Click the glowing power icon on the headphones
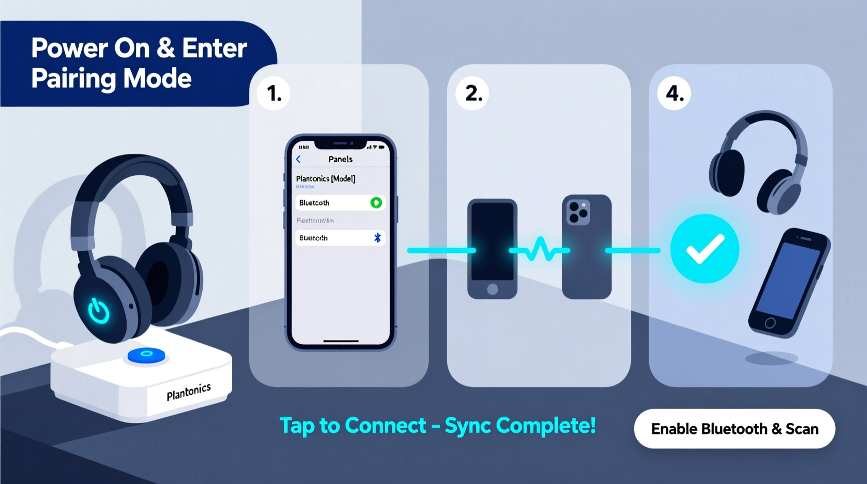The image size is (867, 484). (98, 311)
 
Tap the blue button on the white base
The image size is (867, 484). (146, 355)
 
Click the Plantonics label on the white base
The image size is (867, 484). (189, 392)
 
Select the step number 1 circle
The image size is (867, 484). (274, 93)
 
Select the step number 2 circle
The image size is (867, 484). (473, 93)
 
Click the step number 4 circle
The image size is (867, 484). (674, 93)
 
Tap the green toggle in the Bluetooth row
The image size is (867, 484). (376, 202)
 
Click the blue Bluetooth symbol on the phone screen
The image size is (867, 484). (377, 238)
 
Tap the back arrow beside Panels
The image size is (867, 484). (299, 159)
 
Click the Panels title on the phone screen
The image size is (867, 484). (340, 159)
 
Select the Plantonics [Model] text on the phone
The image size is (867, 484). (326, 178)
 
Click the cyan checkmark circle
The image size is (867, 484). (704, 249)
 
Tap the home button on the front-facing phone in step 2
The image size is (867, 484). (492, 289)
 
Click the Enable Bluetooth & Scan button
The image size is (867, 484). (734, 429)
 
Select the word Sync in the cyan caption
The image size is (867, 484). (467, 426)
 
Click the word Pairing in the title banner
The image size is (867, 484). (73, 79)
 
